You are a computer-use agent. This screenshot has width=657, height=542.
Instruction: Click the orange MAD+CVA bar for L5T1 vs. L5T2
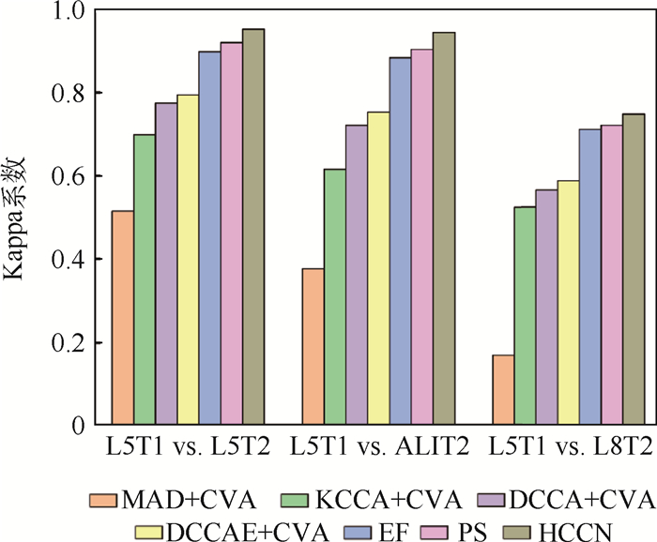(122, 318)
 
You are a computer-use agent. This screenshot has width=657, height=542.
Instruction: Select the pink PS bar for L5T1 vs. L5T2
(231, 233)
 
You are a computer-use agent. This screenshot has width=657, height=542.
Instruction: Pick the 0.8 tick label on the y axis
(72, 94)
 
